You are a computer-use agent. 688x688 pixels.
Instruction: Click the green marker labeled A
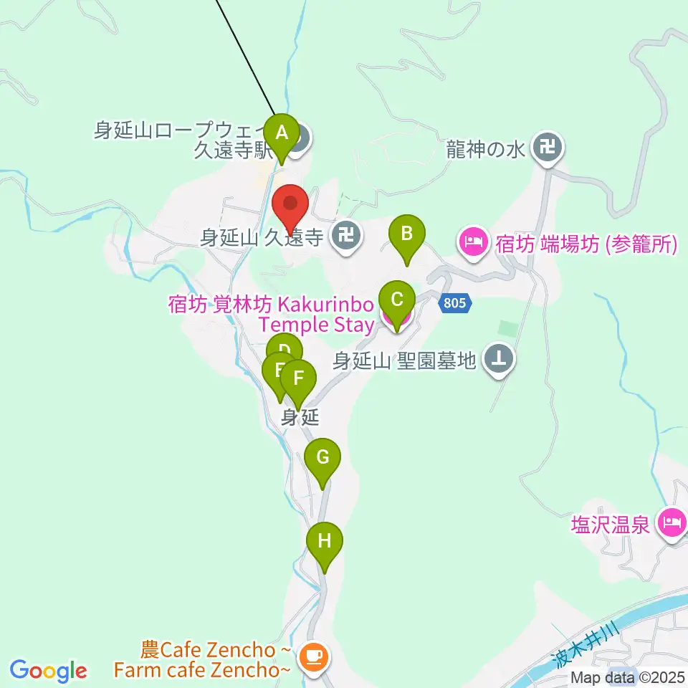click(x=282, y=133)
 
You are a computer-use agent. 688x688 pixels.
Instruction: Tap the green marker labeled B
click(x=406, y=234)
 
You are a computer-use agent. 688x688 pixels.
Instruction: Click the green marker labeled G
click(x=322, y=457)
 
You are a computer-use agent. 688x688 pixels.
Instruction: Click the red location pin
click(x=291, y=204)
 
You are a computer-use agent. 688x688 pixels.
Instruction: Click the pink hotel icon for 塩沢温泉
click(x=672, y=524)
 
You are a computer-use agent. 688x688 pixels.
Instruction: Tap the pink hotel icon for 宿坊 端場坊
click(x=473, y=243)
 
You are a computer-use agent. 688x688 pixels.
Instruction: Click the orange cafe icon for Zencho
click(x=313, y=659)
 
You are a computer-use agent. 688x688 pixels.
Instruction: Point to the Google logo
click(x=48, y=671)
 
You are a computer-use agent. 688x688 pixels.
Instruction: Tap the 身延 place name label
click(x=299, y=417)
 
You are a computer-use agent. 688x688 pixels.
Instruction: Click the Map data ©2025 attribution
click(x=628, y=677)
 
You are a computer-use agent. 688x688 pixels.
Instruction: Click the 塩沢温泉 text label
click(x=611, y=525)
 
